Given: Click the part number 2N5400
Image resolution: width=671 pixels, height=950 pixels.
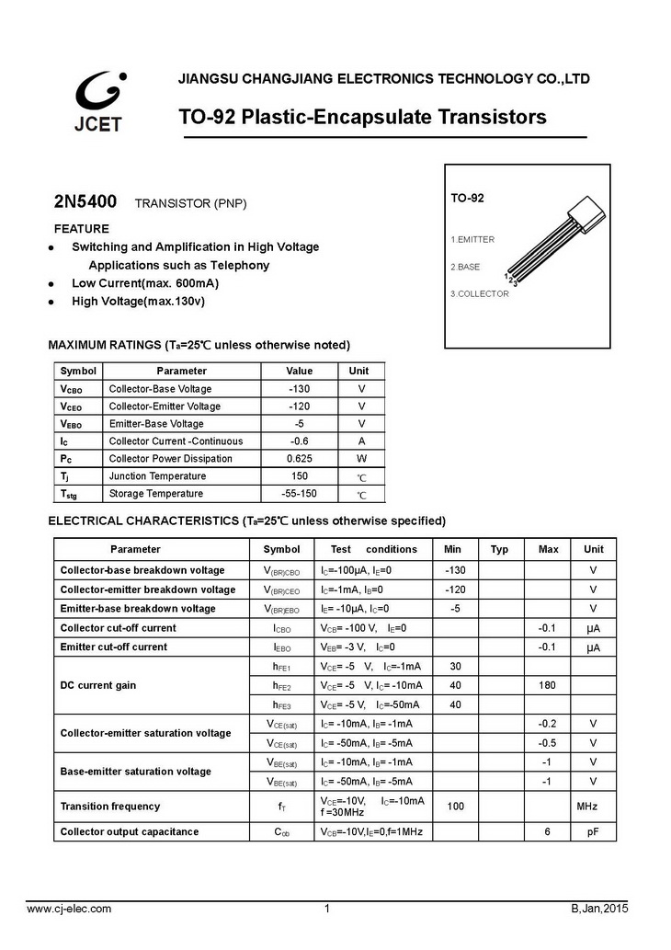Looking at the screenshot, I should (x=85, y=200).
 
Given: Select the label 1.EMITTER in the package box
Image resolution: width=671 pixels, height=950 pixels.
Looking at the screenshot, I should (x=472, y=240).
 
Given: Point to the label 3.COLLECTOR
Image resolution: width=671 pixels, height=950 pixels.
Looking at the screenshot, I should (x=479, y=294).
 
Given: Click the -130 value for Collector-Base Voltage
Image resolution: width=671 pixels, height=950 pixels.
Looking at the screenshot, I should (x=300, y=389).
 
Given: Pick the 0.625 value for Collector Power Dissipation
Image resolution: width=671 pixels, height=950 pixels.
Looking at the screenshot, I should (x=300, y=459).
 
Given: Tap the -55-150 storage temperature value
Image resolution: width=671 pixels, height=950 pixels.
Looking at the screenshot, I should (x=300, y=494).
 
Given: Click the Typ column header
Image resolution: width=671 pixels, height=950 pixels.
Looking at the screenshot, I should (x=499, y=550).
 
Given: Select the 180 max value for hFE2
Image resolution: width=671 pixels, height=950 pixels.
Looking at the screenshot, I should (x=548, y=685).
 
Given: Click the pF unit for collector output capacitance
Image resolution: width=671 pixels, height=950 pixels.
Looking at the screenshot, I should (x=593, y=832).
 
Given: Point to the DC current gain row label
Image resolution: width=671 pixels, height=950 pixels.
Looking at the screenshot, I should (x=98, y=685).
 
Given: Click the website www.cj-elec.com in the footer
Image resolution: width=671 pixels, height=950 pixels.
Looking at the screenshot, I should (x=69, y=910).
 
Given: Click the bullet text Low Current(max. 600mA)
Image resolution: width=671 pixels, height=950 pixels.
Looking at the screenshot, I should (x=145, y=283).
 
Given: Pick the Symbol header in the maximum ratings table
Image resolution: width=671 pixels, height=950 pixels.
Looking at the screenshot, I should (x=78, y=372).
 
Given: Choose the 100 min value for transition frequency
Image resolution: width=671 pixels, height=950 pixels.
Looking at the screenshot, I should (x=454, y=807).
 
